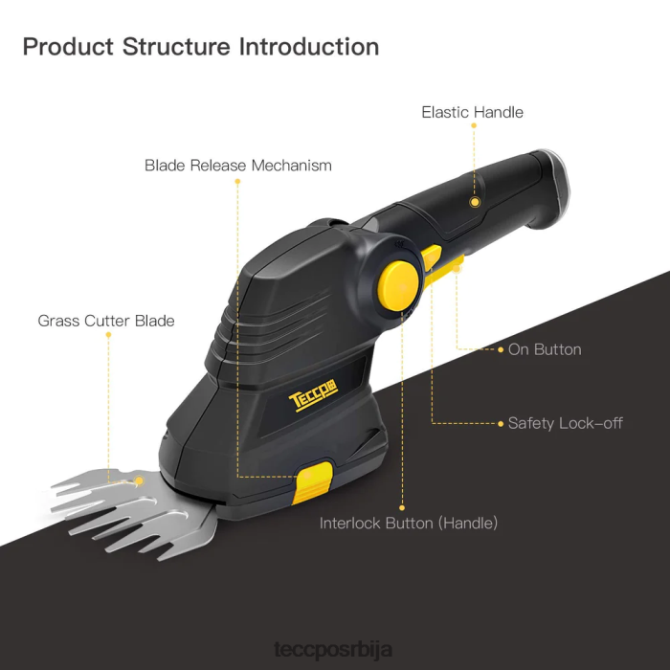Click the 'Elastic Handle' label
(x=472, y=112)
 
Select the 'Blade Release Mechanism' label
(x=238, y=166)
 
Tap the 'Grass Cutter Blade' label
(x=106, y=321)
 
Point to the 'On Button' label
(x=544, y=349)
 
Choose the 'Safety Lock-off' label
(x=565, y=423)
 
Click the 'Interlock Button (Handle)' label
(x=409, y=524)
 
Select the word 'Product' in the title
(x=68, y=46)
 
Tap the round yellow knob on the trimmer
(x=397, y=280)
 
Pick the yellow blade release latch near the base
(x=314, y=482)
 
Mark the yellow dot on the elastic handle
(x=474, y=202)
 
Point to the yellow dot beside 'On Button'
(x=501, y=350)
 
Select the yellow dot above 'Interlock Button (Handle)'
(x=402, y=508)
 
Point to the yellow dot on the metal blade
(x=139, y=480)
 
